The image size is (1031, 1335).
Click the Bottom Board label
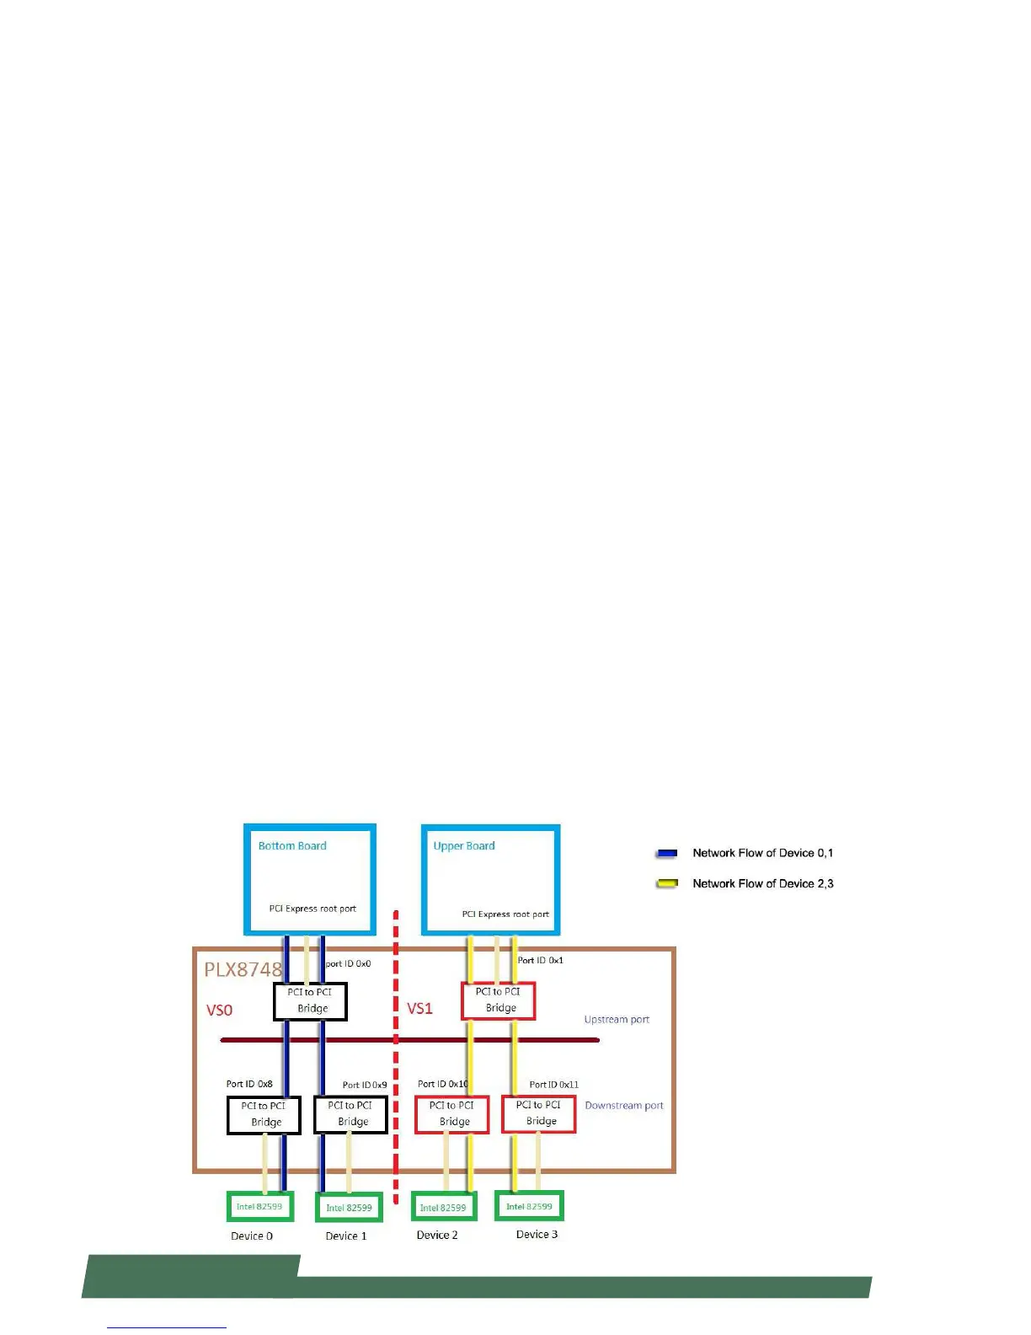(x=292, y=846)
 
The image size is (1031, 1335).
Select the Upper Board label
(x=464, y=846)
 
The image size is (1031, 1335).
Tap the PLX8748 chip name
(x=243, y=969)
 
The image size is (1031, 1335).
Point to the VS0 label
(x=219, y=1010)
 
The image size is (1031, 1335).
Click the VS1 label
(x=419, y=1008)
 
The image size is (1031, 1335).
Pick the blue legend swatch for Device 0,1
(x=667, y=854)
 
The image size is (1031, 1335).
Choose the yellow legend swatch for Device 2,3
(x=667, y=884)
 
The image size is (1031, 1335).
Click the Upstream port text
(x=617, y=1020)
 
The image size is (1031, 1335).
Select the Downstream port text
(x=624, y=1106)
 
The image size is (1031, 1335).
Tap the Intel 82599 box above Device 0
(x=260, y=1207)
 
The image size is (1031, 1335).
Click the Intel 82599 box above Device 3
(x=529, y=1206)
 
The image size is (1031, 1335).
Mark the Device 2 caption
(x=437, y=1236)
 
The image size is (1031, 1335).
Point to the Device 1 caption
(x=346, y=1236)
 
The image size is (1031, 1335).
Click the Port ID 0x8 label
(x=249, y=1084)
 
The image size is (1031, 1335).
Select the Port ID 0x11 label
(x=553, y=1085)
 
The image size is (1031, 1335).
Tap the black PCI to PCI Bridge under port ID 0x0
(x=310, y=1001)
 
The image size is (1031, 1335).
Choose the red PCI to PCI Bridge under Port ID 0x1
(x=499, y=1000)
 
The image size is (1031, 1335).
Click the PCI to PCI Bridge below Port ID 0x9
(x=350, y=1114)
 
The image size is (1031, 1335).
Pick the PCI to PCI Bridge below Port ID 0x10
(x=452, y=1114)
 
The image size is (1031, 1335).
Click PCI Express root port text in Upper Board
(x=505, y=914)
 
